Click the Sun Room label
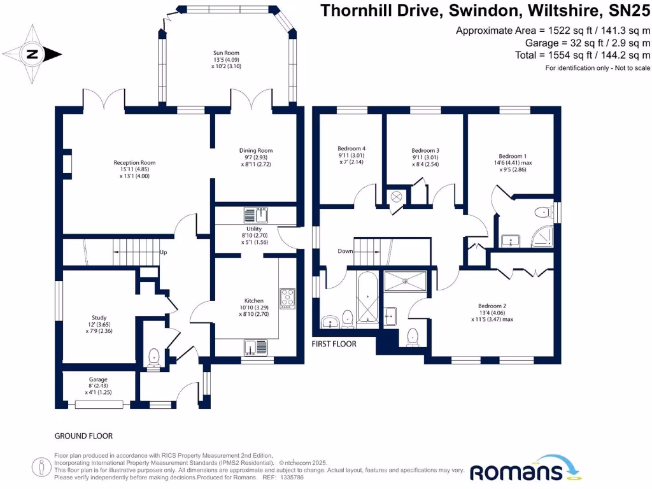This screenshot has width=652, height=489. (x=226, y=53)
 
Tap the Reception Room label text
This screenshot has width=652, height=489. (x=134, y=163)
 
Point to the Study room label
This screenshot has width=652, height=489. (x=98, y=318)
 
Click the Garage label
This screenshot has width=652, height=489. (x=98, y=379)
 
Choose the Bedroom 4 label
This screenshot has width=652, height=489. (x=351, y=148)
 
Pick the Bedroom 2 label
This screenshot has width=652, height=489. (x=492, y=306)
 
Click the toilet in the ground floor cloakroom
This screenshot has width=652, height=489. (x=153, y=358)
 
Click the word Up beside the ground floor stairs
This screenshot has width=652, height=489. (x=163, y=253)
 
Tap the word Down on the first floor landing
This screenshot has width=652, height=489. (x=346, y=252)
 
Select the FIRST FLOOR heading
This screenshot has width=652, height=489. (x=334, y=344)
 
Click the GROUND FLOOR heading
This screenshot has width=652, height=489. (x=83, y=436)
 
